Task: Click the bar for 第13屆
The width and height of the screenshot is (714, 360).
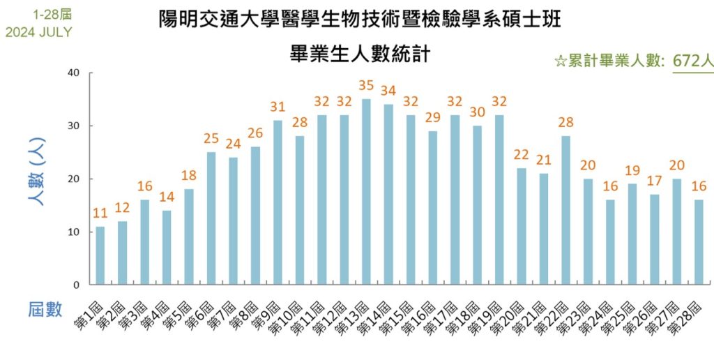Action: pyautogui.click(x=367, y=192)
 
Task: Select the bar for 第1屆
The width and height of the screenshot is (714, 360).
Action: pyautogui.click(x=100, y=255)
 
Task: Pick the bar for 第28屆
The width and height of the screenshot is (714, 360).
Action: pyautogui.click(x=699, y=242)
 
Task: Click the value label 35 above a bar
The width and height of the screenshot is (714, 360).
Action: pyautogui.click(x=367, y=86)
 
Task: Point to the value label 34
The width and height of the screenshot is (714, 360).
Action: pyautogui.click(x=388, y=91)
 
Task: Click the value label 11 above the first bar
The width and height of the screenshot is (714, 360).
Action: pyautogui.click(x=100, y=213)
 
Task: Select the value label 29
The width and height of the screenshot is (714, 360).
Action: pyautogui.click(x=433, y=117)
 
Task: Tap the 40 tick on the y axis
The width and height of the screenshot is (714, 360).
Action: pyautogui.click(x=74, y=73)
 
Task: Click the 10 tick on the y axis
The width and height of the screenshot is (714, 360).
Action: pyautogui.click(x=74, y=232)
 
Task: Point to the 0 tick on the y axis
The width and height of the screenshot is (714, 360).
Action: pyautogui.click(x=77, y=285)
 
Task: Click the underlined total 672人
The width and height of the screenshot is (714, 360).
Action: pyautogui.click(x=692, y=61)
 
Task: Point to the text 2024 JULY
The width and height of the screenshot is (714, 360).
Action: pyautogui.click(x=38, y=32)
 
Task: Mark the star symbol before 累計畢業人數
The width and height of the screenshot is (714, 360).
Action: pyautogui.click(x=560, y=61)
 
